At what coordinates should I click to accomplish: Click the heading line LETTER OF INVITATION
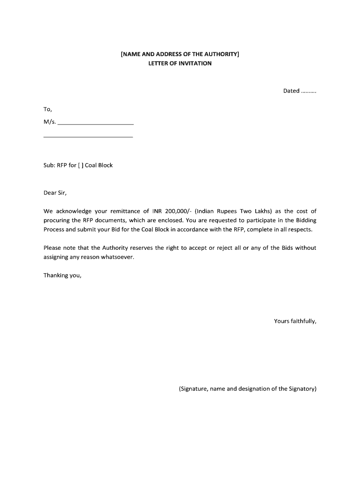(x=180, y=63)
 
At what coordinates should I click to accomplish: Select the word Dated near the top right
(x=291, y=91)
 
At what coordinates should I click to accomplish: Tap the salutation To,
(x=48, y=109)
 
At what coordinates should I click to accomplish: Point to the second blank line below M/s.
(x=88, y=136)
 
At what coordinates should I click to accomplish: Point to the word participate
(x=260, y=220)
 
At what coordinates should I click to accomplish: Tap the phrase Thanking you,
(x=62, y=275)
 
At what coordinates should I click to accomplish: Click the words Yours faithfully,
(x=295, y=321)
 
